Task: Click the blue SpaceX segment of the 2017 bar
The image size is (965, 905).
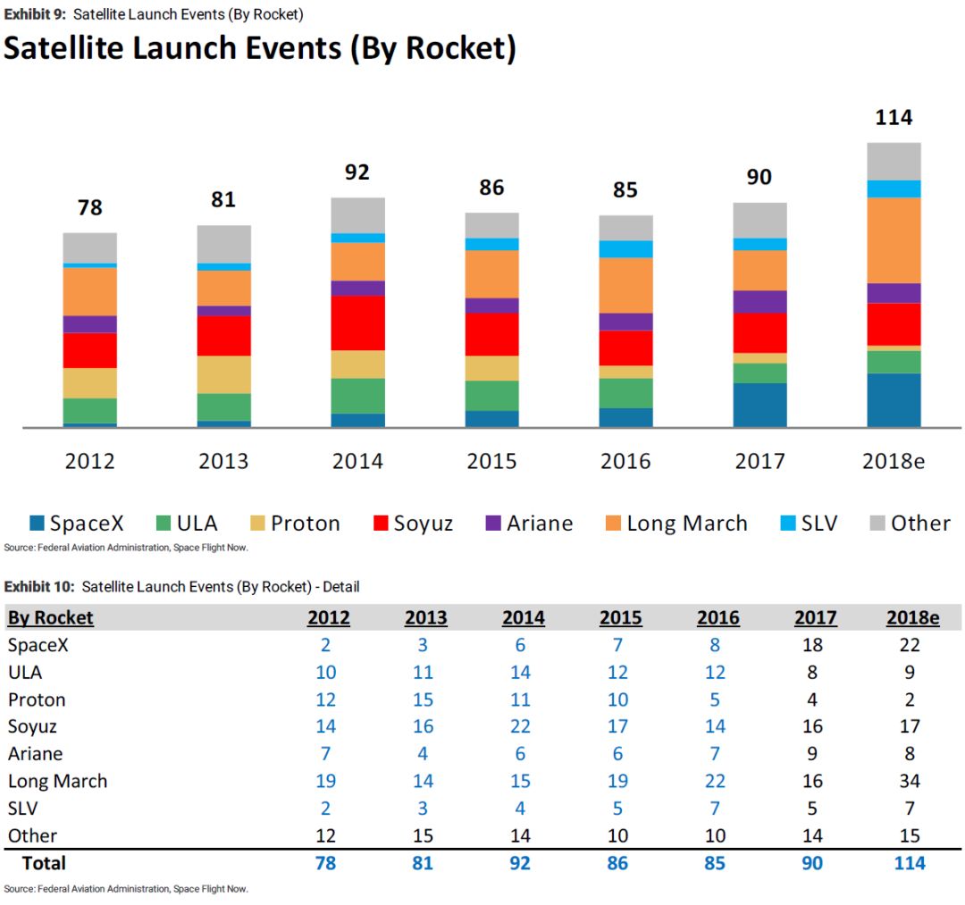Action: tap(759, 405)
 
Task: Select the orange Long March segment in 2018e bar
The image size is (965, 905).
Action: tap(894, 239)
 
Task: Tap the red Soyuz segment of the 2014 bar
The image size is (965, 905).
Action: tap(357, 323)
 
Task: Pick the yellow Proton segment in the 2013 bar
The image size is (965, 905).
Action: tap(223, 374)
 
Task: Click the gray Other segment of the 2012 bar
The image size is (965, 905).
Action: tap(89, 247)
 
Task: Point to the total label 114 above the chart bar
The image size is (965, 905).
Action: tap(894, 117)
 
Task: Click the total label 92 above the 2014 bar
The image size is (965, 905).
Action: tap(357, 172)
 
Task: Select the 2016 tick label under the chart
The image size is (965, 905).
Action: tap(625, 461)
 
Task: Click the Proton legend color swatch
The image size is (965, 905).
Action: tap(256, 523)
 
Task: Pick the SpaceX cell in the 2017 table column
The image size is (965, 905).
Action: tap(812, 645)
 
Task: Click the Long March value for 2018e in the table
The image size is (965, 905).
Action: tap(910, 781)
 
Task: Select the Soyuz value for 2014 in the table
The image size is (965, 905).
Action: tap(520, 726)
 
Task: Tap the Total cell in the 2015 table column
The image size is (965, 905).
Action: tap(617, 863)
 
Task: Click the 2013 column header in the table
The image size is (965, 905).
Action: tap(425, 617)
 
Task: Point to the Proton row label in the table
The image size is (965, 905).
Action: tap(37, 700)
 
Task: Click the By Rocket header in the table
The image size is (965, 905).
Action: tap(51, 617)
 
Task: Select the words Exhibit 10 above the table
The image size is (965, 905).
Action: tap(38, 586)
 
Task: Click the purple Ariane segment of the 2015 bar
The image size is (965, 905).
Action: tap(491, 305)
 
